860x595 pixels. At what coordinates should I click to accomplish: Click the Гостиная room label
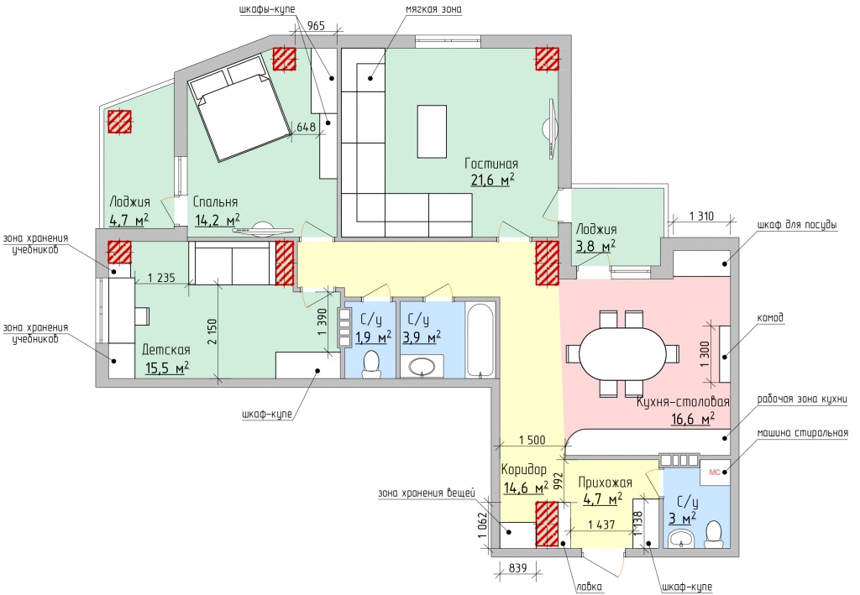tap(491, 164)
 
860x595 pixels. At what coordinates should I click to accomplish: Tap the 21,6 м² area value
tap(492, 180)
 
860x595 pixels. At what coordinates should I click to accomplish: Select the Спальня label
tap(215, 201)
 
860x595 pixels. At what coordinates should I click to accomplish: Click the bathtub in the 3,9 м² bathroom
tap(480, 339)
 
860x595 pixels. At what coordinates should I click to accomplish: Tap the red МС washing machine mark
tap(715, 472)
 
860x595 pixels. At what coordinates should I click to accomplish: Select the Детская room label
tap(166, 350)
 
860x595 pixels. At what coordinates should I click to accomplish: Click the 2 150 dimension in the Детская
tap(213, 331)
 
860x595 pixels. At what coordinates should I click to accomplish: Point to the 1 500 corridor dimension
tap(532, 440)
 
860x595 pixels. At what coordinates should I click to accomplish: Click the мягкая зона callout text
tap(433, 9)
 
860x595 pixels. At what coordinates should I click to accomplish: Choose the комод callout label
tap(770, 318)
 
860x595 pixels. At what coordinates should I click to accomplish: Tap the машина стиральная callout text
tap(802, 433)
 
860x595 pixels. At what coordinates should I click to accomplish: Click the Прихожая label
tap(605, 483)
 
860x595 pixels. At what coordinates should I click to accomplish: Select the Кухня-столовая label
tap(683, 402)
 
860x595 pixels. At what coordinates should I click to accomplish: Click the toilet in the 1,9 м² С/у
tap(372, 365)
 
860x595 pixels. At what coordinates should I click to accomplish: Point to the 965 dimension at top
tap(316, 25)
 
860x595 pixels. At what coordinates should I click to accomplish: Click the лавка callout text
tap(589, 587)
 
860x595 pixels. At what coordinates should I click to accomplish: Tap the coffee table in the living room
tap(433, 132)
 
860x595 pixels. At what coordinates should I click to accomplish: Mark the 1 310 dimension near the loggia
tap(701, 216)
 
